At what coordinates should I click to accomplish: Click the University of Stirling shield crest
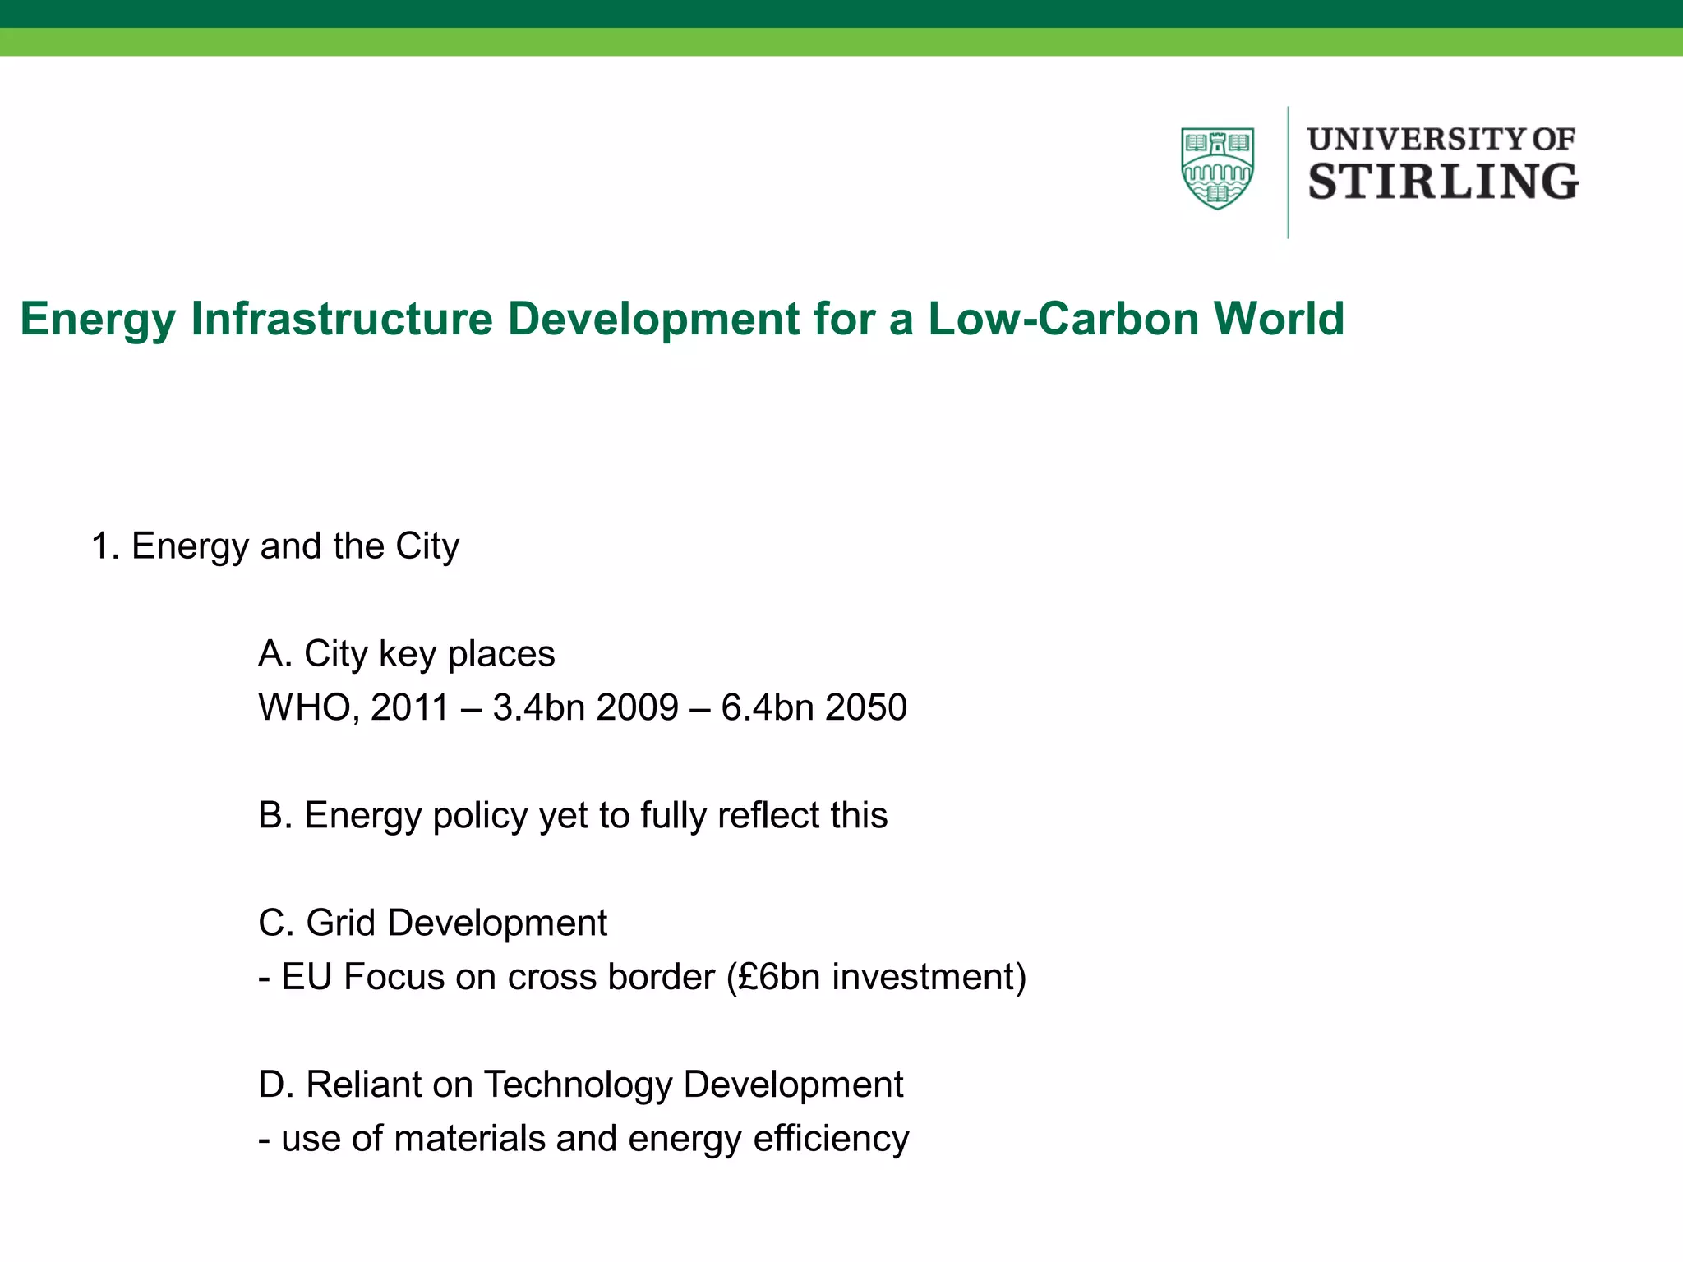(1217, 168)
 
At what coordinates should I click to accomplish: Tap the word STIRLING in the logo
(1442, 182)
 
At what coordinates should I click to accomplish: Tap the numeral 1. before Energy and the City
(106, 546)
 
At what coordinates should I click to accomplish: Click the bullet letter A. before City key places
(275, 654)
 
